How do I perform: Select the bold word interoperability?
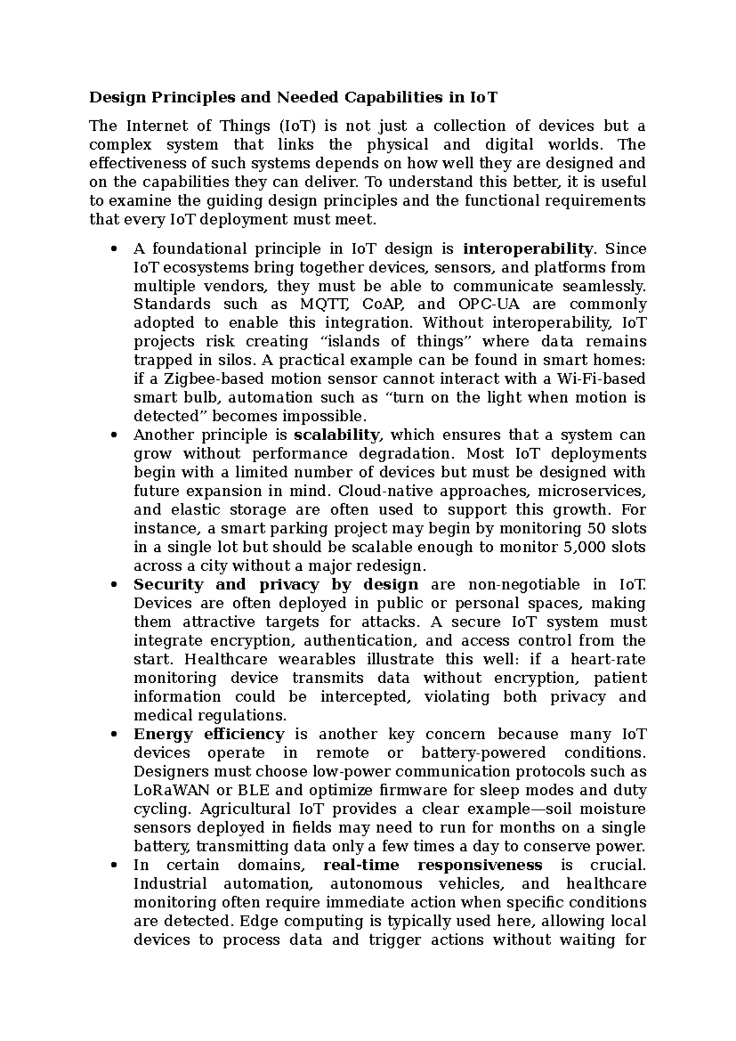[x=527, y=249]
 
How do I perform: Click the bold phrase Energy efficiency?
[x=209, y=734]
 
